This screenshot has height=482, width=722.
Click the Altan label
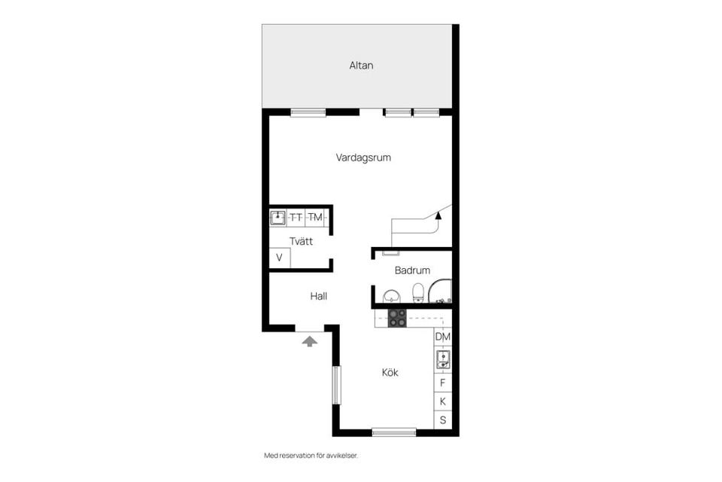(x=361, y=66)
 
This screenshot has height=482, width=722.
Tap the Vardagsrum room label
(x=363, y=158)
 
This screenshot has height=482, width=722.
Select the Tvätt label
(x=302, y=242)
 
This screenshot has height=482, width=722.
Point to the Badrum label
(x=412, y=270)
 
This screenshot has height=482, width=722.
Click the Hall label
(x=318, y=297)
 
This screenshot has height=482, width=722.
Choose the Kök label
(x=390, y=372)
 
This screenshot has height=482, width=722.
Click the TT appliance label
(x=296, y=218)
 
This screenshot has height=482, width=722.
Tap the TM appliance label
(x=315, y=218)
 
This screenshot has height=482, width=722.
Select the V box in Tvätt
(x=279, y=258)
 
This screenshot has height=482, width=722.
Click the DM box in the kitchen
(x=443, y=337)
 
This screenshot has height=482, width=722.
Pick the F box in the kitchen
(x=443, y=383)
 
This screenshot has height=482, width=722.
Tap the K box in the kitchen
(x=443, y=401)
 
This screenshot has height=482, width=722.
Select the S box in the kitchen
(x=443, y=420)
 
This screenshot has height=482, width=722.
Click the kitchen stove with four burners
(x=396, y=318)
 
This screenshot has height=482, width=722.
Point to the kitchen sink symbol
(x=443, y=359)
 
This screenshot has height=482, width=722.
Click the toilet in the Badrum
(x=418, y=291)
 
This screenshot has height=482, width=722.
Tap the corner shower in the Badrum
(x=441, y=292)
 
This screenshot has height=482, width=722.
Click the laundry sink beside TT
(x=278, y=218)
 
